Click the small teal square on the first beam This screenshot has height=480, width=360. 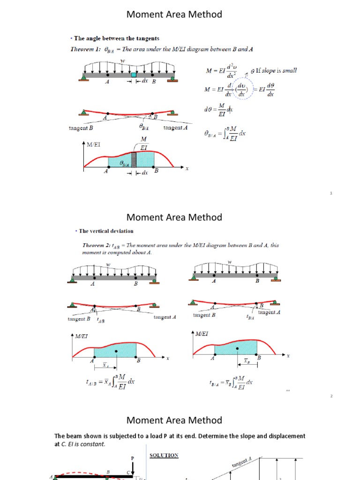(134, 74)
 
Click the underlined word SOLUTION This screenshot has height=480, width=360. (164, 455)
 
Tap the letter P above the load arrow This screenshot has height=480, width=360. (133, 457)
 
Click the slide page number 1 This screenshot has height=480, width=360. (331, 193)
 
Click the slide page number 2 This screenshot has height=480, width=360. (331, 396)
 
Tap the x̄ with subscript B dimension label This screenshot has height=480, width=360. (247, 361)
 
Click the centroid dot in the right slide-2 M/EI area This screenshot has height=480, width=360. (238, 348)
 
